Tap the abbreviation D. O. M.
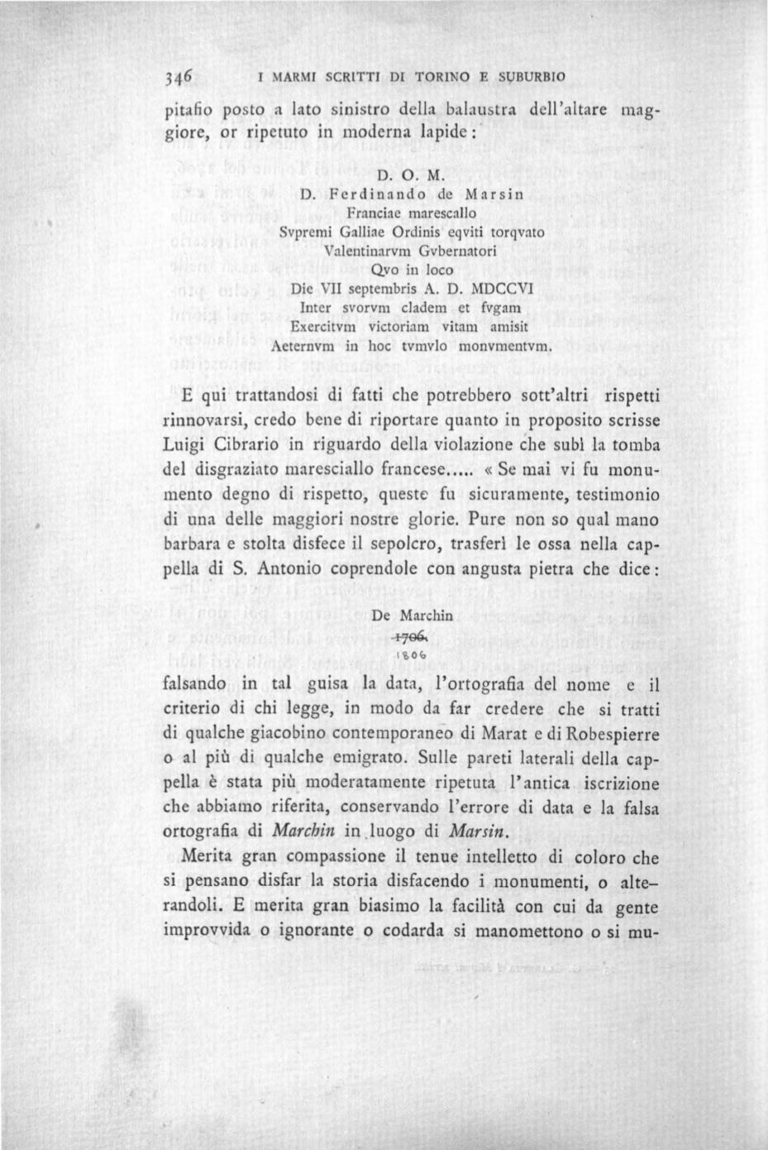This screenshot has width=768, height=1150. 411,175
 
